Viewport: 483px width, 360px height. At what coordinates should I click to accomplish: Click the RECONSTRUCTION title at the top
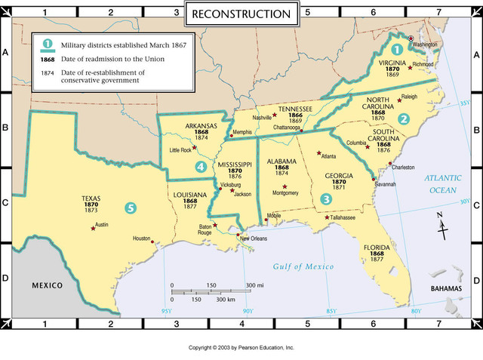(x=241, y=14)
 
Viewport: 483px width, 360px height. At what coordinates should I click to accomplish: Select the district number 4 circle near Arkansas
(x=200, y=167)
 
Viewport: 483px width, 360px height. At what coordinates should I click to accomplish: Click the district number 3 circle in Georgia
(x=326, y=198)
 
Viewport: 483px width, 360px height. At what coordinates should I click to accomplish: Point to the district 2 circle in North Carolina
(x=405, y=118)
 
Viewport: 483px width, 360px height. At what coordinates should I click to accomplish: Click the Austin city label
(x=102, y=224)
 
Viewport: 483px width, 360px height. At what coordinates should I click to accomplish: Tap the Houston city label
(x=142, y=238)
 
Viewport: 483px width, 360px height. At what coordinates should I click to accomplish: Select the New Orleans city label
(x=254, y=239)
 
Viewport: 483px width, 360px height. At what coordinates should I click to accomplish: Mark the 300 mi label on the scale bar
(x=254, y=285)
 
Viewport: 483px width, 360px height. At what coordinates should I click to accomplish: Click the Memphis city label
(x=242, y=132)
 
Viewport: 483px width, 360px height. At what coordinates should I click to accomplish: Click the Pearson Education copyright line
(x=241, y=348)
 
